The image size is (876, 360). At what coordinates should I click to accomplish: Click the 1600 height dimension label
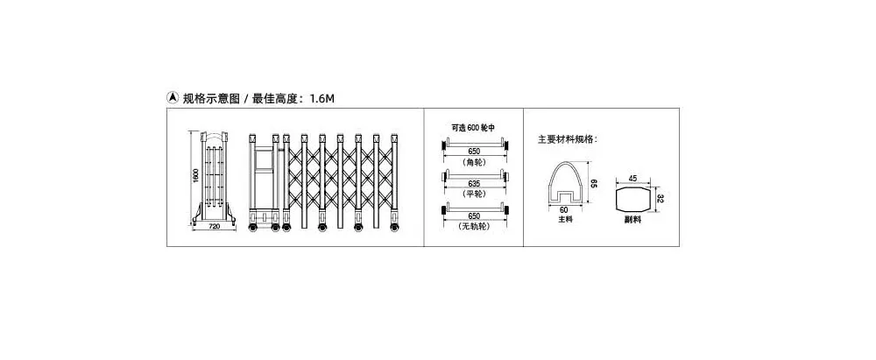point(196,175)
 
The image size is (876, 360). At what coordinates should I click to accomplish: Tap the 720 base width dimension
point(214,226)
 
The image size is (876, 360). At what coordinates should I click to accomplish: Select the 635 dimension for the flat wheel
point(475,183)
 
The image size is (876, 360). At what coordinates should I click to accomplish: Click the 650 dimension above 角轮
point(475,152)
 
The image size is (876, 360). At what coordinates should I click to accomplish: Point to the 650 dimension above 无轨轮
point(475,215)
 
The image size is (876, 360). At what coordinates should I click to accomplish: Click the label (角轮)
point(475,162)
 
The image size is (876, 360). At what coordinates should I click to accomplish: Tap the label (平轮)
point(475,194)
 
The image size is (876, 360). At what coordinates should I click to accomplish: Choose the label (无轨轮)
point(475,226)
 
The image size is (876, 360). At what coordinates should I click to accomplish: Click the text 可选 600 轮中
point(474,128)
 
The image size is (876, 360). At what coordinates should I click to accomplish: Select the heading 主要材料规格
point(567,139)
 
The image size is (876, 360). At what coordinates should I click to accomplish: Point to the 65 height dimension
point(595,183)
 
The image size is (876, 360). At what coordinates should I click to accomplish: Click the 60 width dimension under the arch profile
point(563,209)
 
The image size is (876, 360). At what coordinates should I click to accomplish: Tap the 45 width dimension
point(633,179)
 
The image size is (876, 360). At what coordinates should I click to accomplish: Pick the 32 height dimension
point(660,199)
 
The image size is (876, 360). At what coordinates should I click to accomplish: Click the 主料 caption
point(565,219)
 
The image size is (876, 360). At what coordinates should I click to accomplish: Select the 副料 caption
point(633,220)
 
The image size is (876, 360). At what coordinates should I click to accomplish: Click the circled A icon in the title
point(173,98)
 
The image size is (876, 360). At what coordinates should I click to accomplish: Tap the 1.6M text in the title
point(321,99)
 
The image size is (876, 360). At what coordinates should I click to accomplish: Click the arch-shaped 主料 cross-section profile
point(550,179)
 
